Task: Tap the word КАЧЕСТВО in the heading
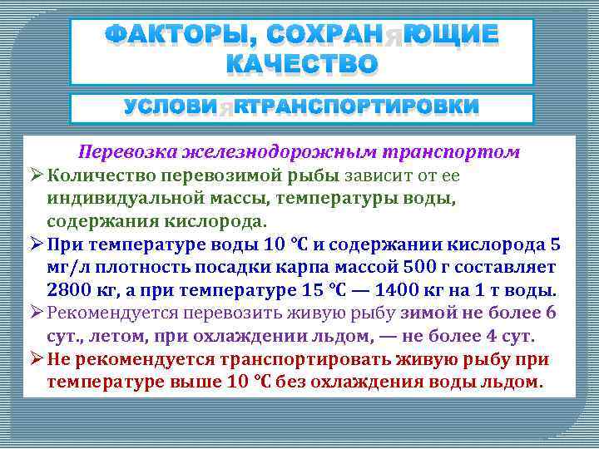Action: [x=301, y=63]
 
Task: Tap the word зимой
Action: [x=426, y=313]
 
